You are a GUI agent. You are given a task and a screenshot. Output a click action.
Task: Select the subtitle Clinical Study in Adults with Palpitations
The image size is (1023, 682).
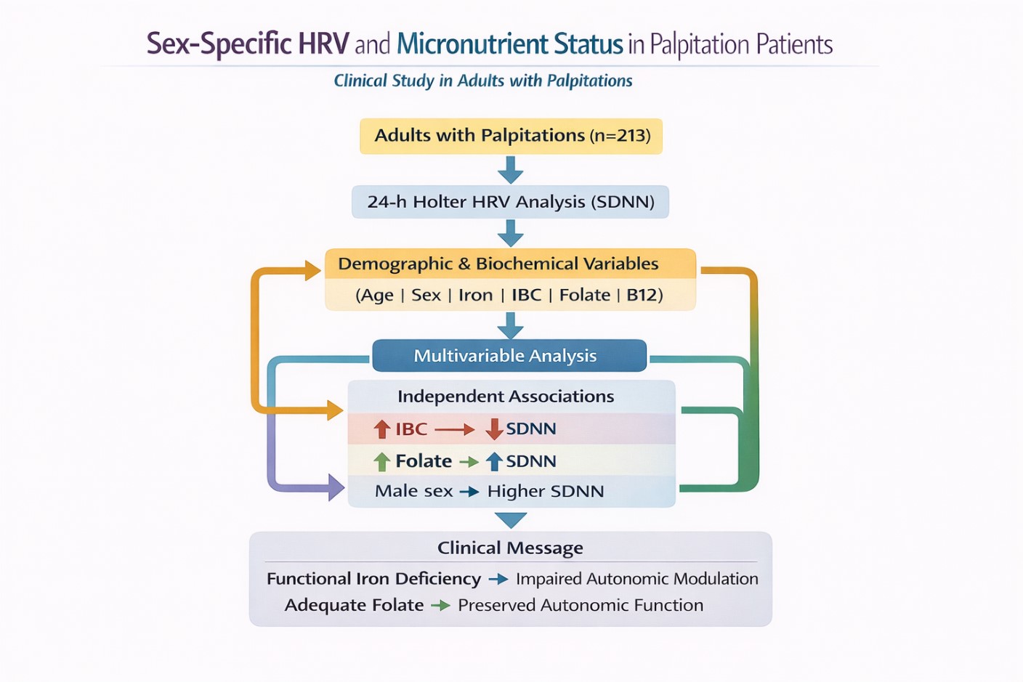tap(483, 81)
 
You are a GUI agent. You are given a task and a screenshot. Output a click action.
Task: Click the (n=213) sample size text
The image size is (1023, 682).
tap(620, 136)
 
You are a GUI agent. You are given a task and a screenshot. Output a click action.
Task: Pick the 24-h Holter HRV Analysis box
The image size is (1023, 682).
tap(511, 202)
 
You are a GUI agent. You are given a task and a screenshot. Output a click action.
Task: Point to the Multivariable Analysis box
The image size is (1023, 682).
tap(509, 356)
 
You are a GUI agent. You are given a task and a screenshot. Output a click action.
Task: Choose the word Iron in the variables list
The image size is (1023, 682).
tap(475, 295)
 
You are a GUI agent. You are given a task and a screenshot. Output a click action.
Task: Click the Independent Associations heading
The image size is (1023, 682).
tap(506, 397)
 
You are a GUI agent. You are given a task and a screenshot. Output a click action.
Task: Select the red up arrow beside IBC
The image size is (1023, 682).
tap(381, 429)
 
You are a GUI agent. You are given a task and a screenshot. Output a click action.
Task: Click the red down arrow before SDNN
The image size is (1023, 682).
tap(494, 429)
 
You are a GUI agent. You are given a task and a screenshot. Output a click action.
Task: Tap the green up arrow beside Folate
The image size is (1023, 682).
tap(381, 461)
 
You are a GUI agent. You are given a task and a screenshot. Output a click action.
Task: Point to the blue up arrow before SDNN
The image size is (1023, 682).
tap(494, 461)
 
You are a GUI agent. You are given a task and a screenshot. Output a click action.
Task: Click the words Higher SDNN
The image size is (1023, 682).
tap(546, 491)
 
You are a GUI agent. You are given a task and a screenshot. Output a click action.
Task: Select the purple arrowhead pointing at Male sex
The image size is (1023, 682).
tap(336, 487)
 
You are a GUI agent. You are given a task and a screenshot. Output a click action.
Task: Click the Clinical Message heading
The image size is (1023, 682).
tap(510, 548)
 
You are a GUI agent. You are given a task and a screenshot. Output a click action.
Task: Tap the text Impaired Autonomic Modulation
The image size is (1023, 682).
tap(637, 579)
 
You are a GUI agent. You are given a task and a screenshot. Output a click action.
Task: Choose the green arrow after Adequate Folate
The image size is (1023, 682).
tap(441, 605)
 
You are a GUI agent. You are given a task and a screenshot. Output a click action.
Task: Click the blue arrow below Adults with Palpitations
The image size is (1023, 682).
tap(510, 170)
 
